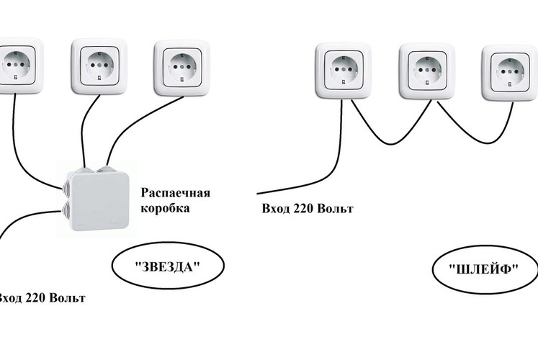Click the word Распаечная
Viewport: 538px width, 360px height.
tap(176, 193)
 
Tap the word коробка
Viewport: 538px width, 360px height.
tap(165, 208)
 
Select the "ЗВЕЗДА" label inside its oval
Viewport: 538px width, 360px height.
tap(167, 266)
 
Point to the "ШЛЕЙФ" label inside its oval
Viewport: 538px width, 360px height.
tap(484, 269)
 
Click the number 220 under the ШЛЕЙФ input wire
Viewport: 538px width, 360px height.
tap(302, 209)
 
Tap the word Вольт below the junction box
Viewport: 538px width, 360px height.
tap(67, 297)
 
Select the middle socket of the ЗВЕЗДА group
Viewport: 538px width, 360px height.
tap(99, 66)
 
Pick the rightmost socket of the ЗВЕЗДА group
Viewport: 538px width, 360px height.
tap(181, 68)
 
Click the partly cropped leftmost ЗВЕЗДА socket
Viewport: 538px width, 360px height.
tap(21, 66)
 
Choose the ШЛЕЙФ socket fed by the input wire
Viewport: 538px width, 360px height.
tap(343, 71)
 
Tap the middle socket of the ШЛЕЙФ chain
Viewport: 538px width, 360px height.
tap(427, 71)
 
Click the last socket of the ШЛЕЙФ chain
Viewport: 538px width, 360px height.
tap(510, 73)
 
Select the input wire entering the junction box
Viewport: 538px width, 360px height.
tap(26, 215)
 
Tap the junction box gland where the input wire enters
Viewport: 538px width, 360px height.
tap(66, 210)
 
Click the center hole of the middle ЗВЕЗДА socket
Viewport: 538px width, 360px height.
tap(99, 65)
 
